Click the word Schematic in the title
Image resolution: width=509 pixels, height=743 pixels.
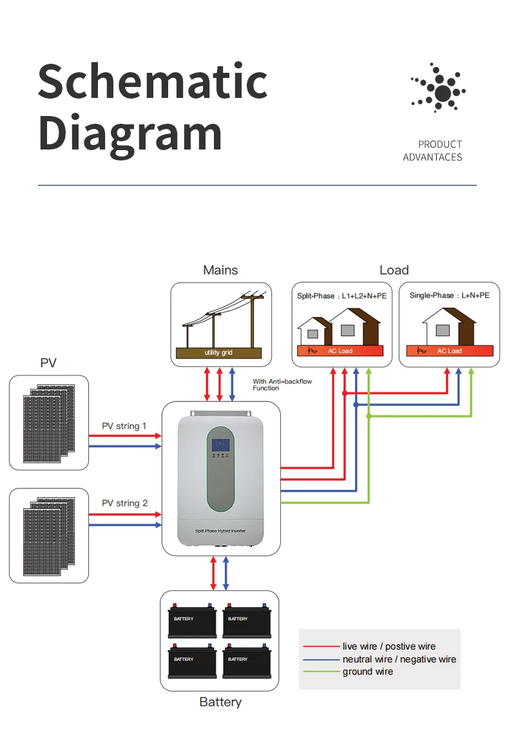[x=153, y=82]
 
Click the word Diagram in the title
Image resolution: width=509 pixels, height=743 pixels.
[x=130, y=133]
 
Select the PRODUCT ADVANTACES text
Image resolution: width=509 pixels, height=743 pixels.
[x=433, y=151]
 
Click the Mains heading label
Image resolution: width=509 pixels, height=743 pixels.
[x=220, y=270]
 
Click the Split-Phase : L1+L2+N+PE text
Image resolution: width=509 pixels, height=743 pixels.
[x=341, y=296]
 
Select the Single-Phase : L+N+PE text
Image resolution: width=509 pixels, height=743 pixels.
[x=449, y=295]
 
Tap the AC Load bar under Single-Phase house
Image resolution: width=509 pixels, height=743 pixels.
[x=449, y=351]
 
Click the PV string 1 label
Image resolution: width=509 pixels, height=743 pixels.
[x=124, y=426]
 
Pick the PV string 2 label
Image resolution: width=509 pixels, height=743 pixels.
[x=124, y=503]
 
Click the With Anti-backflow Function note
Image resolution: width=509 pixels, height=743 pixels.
[x=282, y=385]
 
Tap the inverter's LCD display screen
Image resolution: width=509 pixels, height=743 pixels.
[x=221, y=445]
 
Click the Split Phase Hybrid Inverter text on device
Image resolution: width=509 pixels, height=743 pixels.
[x=220, y=530]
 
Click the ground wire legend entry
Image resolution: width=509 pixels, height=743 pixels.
[x=367, y=671]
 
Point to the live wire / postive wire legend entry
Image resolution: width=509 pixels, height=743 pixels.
[x=389, y=646]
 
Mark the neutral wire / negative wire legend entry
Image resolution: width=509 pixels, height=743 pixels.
[x=399, y=659]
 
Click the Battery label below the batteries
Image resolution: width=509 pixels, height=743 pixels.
[x=220, y=702]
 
